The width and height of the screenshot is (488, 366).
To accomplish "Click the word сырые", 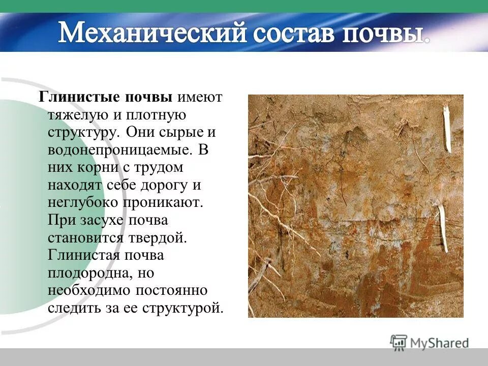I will (173, 132).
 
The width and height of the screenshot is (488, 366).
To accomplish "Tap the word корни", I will (99, 167).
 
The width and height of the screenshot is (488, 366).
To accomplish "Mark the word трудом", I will (159, 167).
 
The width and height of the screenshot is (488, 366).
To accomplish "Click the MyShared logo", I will (430, 342).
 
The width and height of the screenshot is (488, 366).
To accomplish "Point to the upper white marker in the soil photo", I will (447, 129).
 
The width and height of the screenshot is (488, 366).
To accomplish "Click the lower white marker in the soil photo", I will (444, 229).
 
